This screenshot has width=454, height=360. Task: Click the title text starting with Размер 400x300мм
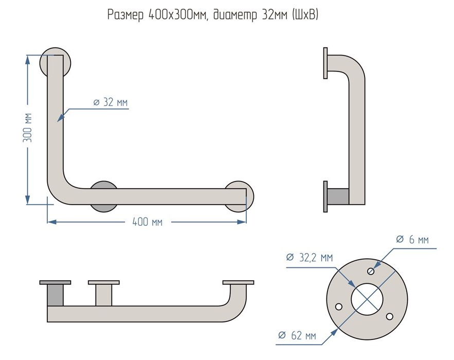213,15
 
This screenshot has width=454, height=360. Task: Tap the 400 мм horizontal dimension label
147,222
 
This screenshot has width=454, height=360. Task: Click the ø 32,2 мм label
309,257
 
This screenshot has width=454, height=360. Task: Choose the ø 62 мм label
297,336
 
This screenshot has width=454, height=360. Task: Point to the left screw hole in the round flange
339,306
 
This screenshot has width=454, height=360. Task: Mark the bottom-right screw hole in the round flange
389,316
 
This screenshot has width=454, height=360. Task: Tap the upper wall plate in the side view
325,64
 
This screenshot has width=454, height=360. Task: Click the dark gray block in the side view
338,196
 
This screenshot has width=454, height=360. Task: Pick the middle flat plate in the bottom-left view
104,282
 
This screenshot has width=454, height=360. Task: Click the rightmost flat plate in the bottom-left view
238,282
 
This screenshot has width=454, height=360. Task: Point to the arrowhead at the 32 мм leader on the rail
60,118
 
